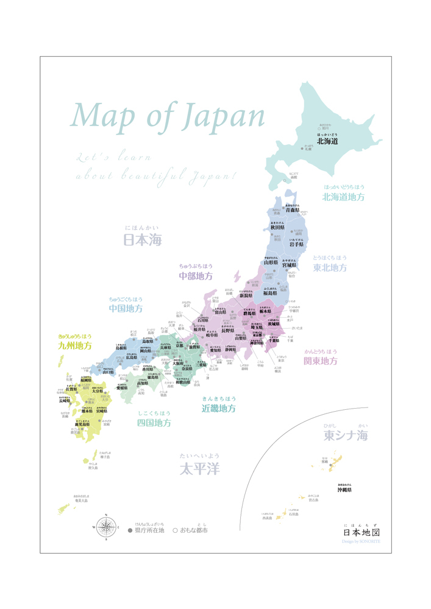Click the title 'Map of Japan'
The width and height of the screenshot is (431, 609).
pyautogui.click(x=168, y=116)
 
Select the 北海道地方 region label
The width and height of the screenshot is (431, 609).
pyautogui.click(x=344, y=197)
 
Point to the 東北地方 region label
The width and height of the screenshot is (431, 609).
pyautogui.click(x=330, y=267)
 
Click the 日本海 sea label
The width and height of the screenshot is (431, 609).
pyautogui.click(x=143, y=240)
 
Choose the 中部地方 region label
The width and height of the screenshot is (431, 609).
pyautogui.click(x=196, y=276)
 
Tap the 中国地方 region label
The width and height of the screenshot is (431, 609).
pyautogui.click(x=126, y=309)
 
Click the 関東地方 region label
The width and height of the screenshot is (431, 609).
pyautogui.click(x=321, y=361)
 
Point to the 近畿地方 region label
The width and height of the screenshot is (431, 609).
pyautogui.click(x=219, y=409)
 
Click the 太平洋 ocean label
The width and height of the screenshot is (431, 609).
pyautogui.click(x=199, y=468)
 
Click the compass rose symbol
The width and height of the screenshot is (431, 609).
pyautogui.click(x=107, y=526)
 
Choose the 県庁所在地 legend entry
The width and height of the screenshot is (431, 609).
pyautogui.click(x=146, y=530)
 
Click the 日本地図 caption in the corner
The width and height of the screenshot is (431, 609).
pyautogui.click(x=361, y=532)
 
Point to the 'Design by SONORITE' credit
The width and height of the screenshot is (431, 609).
pyautogui.click(x=361, y=541)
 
